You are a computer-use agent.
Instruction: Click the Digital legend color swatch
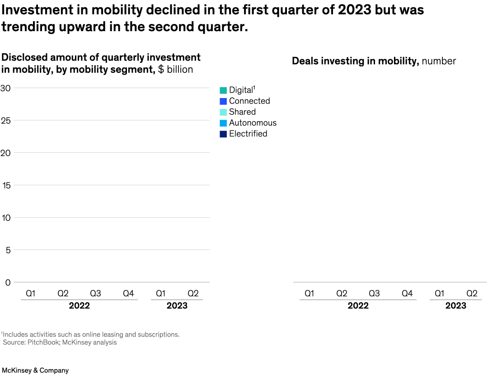coord(223,90)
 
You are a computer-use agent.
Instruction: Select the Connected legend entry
coord(249,101)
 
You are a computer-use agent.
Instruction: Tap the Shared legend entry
coord(242,112)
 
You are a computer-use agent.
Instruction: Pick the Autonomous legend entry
coord(252,123)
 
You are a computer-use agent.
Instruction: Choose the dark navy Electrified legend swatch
coord(223,134)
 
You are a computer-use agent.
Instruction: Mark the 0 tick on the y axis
coord(8,282)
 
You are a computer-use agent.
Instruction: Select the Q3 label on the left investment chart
coord(95,294)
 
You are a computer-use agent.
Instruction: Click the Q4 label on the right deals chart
coord(407,294)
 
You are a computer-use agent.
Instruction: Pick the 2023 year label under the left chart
coord(177,306)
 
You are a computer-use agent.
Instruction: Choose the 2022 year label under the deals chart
coord(358,306)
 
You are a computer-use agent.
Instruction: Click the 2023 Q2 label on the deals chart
coord(472,294)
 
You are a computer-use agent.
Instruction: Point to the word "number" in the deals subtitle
coord(439,61)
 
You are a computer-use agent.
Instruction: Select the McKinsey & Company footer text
coord(35,371)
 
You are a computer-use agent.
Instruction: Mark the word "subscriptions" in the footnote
coord(160,335)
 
